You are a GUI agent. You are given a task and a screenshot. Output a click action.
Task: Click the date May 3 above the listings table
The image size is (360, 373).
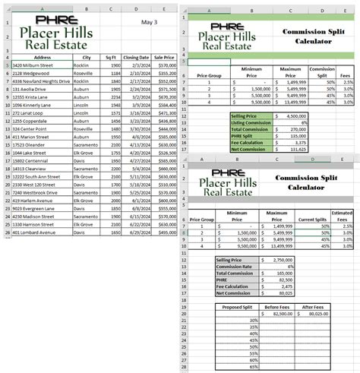148,22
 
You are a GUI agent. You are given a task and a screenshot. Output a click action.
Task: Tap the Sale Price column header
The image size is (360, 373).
163,57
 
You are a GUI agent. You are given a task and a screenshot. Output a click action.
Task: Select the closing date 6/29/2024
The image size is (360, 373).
137,232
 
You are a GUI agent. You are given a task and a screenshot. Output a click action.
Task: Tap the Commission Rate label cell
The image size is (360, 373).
237,266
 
